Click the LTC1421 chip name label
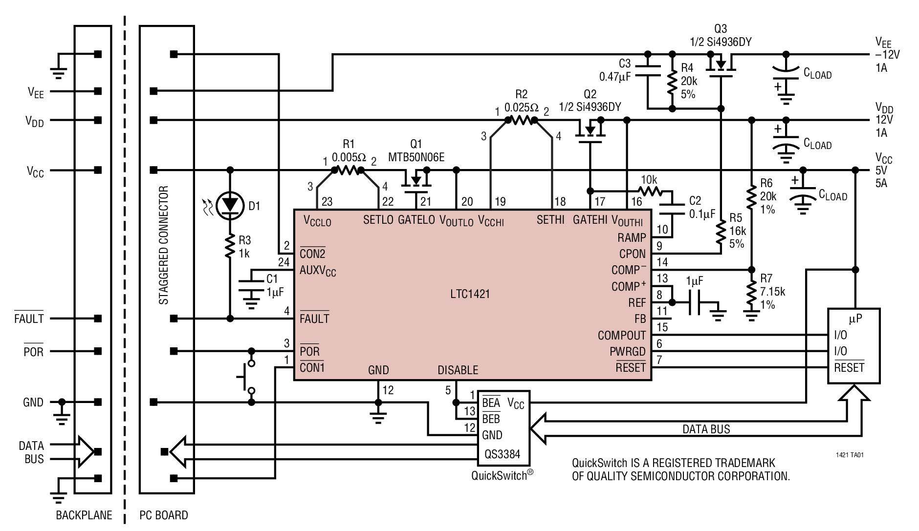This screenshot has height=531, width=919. [x=470, y=294]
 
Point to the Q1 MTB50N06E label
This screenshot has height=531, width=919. [x=416, y=150]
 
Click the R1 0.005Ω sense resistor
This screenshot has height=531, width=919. [x=348, y=170]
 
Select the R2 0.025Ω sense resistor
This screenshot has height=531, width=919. [x=521, y=120]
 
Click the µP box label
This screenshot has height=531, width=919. [x=855, y=319]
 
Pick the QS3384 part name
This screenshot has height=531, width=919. [x=502, y=454]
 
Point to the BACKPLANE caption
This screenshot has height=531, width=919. [x=84, y=515]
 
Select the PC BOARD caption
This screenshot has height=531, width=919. [x=164, y=515]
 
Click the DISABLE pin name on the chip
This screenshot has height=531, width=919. [x=458, y=370]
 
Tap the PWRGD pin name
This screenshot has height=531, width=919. [x=627, y=352]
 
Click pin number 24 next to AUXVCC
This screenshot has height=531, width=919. [x=284, y=262]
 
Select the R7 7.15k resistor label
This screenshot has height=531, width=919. [x=773, y=292]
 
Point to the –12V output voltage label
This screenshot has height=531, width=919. [x=887, y=55]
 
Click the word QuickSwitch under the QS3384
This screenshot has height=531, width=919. [x=499, y=475]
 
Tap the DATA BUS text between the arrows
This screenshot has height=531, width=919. [x=706, y=429]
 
